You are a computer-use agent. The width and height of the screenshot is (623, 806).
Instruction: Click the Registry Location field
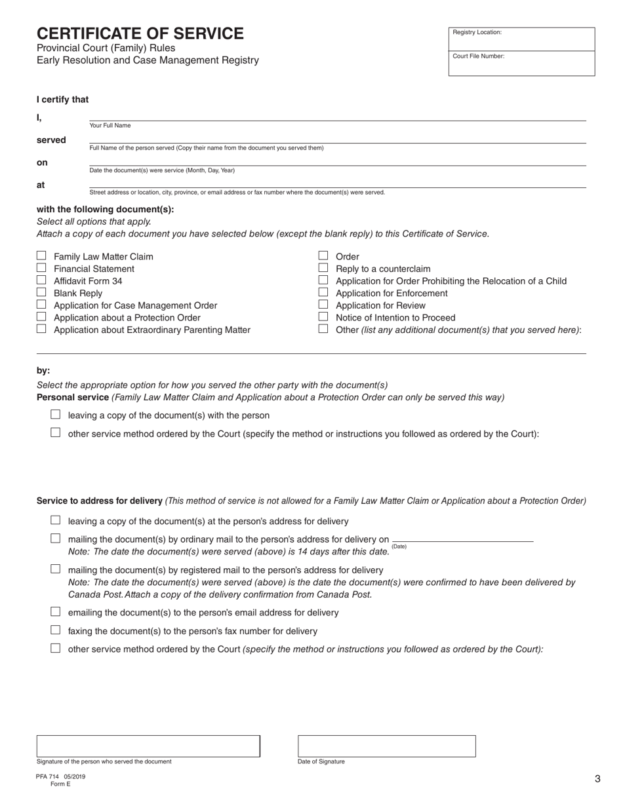pos(521,39)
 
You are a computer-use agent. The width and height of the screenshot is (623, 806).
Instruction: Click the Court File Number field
pos(521,64)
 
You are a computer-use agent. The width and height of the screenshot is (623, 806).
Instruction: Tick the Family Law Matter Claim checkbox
pos(41,256)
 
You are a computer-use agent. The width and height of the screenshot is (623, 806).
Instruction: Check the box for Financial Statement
pos(41,268)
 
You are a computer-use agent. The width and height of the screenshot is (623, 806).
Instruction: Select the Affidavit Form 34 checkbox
pos(41,280)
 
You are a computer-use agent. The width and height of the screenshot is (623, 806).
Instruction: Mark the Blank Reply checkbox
pos(41,293)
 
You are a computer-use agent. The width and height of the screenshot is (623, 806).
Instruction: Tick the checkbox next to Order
pos(323,256)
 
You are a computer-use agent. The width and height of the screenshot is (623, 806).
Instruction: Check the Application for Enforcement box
pos(323,293)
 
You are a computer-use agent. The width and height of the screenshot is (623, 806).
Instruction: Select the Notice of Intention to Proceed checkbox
pos(323,317)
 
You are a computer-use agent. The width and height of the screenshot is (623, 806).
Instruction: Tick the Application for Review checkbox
pos(323,305)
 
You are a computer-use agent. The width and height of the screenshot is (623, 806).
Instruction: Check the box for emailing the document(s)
pos(56,612)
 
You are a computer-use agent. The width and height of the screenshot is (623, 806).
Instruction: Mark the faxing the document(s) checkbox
pos(56,630)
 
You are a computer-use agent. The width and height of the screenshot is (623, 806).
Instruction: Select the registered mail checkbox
pos(56,569)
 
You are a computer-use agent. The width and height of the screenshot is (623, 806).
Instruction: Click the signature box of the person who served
pos(148,746)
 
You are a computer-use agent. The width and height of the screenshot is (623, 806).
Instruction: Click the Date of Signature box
pos(386,746)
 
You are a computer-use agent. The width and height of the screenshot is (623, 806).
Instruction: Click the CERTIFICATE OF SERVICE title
pos(140,33)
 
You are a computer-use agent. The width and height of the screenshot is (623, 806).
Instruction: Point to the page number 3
pos(597,779)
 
